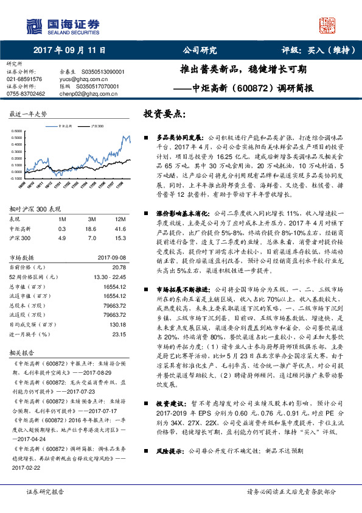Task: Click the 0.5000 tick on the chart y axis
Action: click(x=19, y=132)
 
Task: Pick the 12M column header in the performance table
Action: click(x=120, y=219)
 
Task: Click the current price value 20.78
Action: click(x=119, y=267)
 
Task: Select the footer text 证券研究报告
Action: click(x=45, y=492)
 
